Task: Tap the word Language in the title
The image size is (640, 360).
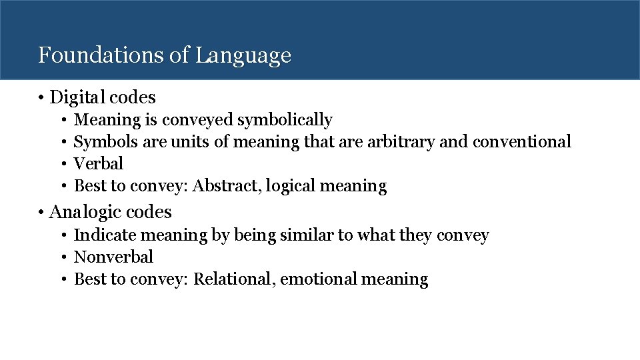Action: tap(243, 56)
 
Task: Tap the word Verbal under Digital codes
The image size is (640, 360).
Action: tap(98, 163)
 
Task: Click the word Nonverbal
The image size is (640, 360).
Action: tap(113, 257)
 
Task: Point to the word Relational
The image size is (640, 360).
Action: tap(234, 279)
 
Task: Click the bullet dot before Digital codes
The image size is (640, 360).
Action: tap(41, 98)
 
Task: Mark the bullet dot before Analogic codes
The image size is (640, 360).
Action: tap(41, 213)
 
